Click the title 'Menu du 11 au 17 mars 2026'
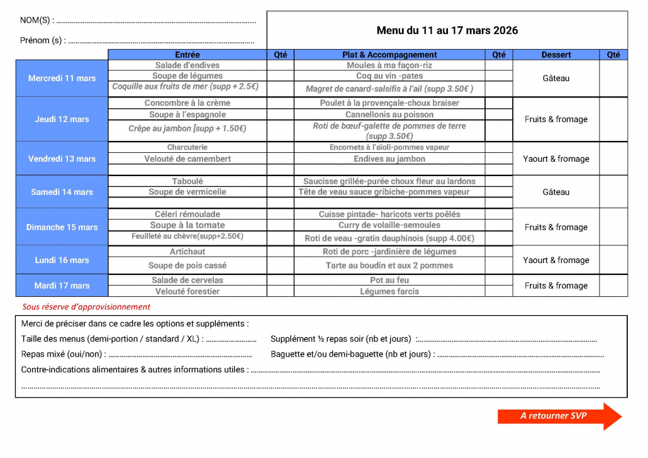447,31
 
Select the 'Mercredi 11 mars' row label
62,79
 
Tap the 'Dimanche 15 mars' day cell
62,227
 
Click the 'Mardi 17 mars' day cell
62,286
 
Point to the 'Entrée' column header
187,55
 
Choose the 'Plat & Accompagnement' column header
389,55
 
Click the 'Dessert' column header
556,55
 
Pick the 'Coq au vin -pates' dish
389,76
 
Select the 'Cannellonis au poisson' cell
389,114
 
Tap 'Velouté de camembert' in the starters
187,159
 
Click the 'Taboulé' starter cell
187,181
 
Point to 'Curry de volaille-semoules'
389,225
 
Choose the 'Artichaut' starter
187,252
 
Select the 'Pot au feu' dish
389,280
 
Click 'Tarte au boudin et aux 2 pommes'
389,265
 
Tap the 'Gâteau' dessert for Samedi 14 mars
556,192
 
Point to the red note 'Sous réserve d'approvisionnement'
86,307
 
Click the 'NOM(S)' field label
36,20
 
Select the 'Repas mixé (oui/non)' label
64,354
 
